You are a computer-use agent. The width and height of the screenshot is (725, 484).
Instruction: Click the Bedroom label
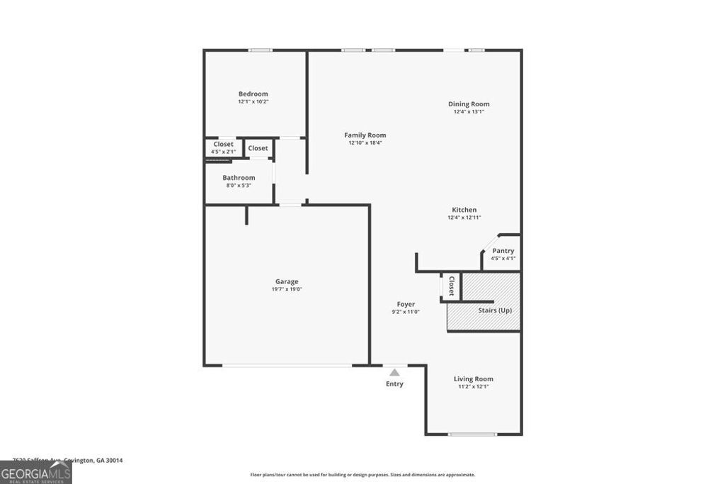[253, 94]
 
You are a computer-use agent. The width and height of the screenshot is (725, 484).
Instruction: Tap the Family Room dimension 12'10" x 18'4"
[365, 143]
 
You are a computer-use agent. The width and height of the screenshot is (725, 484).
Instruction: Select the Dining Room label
[469, 104]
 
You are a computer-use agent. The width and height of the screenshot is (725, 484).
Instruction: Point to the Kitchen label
[464, 210]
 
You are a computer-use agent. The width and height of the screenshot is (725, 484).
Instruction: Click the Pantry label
[503, 251]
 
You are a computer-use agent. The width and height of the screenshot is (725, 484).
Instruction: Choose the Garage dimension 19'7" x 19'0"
[287, 289]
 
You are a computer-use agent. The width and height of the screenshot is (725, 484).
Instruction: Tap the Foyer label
[406, 305]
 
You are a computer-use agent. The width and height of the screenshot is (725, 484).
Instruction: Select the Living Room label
[473, 379]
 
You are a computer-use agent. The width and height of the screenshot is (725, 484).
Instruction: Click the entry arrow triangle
[394, 372]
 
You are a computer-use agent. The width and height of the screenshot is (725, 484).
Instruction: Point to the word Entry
[394, 384]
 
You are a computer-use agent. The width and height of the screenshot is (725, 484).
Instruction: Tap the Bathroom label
[239, 178]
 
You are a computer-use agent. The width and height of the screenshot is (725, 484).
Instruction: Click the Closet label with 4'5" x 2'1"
[223, 145]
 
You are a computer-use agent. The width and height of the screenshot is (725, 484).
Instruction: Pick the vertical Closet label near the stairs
[451, 286]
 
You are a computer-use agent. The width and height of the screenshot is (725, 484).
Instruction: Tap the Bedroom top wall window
[260, 50]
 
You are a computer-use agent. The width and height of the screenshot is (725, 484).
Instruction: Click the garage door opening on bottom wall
[287, 366]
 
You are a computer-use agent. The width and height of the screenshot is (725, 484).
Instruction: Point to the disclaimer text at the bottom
[362, 475]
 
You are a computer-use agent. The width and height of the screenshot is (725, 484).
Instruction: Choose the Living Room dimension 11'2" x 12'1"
[473, 387]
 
